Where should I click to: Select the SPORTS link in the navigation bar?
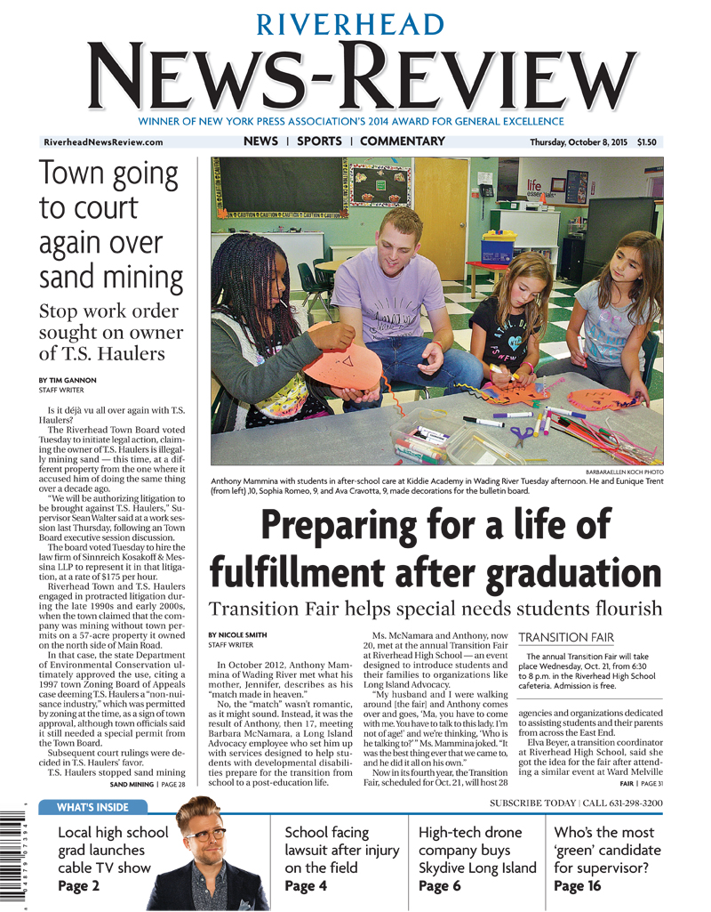click(x=319, y=141)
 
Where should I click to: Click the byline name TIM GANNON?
click(x=73, y=380)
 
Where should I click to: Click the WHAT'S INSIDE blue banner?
click(x=92, y=808)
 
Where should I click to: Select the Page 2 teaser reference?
click(x=78, y=885)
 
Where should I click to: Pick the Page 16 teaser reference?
click(x=578, y=885)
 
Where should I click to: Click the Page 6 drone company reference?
click(x=439, y=885)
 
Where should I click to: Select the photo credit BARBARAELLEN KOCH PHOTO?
click(x=624, y=472)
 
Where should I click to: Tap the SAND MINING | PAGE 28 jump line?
click(x=147, y=785)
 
